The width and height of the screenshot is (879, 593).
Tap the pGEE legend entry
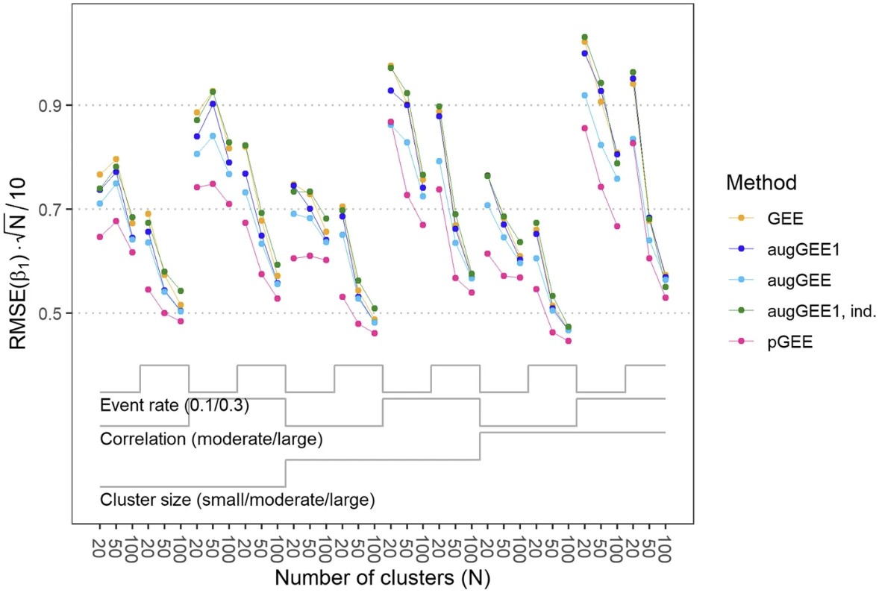780,345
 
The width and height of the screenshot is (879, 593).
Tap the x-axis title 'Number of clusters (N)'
381,577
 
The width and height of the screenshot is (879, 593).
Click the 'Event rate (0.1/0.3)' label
174,406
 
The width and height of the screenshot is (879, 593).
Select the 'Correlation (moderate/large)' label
210,439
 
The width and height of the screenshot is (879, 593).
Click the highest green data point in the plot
585,37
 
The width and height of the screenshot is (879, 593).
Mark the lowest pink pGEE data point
569,342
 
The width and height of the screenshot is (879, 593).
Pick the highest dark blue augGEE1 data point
585,53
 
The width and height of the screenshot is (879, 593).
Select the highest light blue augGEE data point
585,95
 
